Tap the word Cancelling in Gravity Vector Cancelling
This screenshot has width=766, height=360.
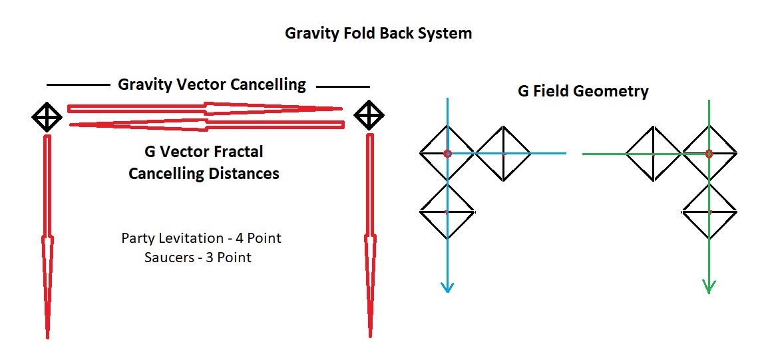click(x=268, y=85)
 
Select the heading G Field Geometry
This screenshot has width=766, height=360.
click(x=583, y=90)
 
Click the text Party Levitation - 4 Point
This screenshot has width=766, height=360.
click(x=206, y=238)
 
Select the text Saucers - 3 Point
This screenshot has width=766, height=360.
click(x=198, y=257)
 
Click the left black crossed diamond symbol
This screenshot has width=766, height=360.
click(x=47, y=117)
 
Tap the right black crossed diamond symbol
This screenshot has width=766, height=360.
click(x=368, y=115)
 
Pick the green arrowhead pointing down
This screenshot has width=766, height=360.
click(x=709, y=286)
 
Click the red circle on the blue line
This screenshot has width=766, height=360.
click(x=447, y=154)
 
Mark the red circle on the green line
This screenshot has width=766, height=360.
click(x=709, y=154)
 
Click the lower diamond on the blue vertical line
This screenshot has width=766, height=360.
click(x=447, y=212)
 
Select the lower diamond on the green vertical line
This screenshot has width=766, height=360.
click(x=709, y=212)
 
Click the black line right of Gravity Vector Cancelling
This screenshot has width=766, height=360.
click(x=343, y=87)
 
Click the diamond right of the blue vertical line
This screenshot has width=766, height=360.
click(x=503, y=154)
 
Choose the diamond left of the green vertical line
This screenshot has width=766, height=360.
click(x=653, y=154)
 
